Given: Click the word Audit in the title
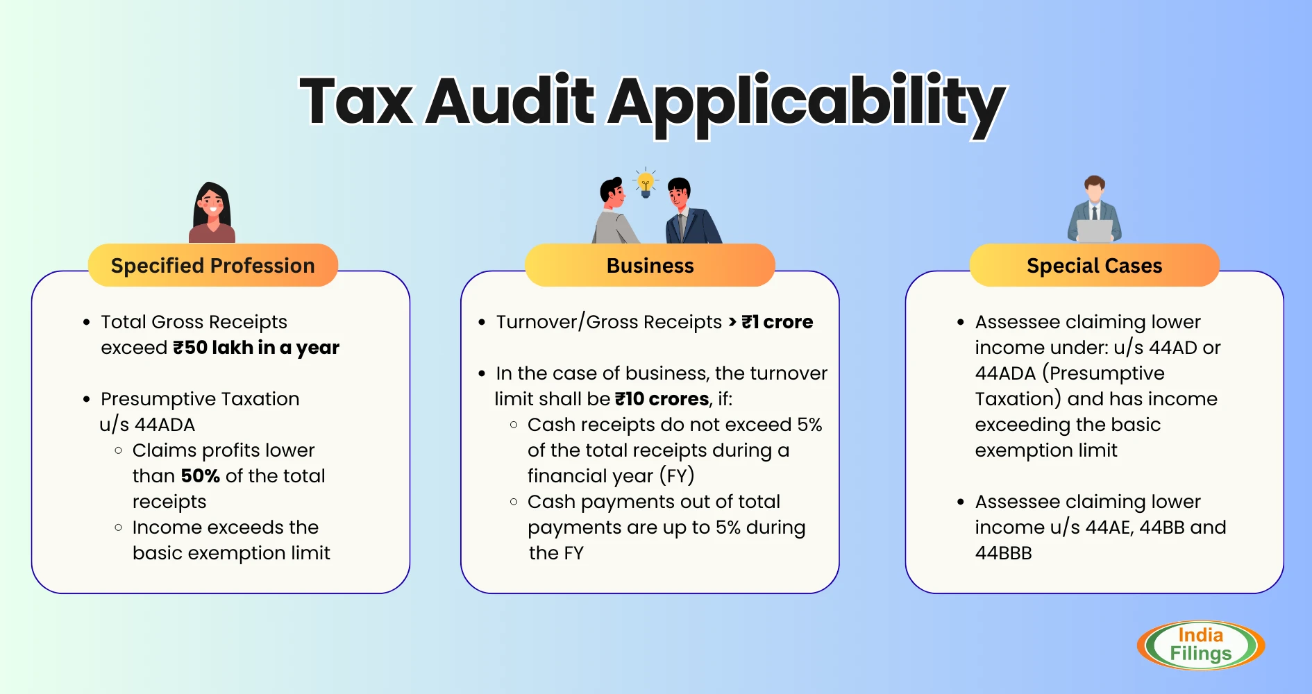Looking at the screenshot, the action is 510,101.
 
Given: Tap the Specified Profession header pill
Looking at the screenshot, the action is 212,265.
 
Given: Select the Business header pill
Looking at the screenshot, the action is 650,265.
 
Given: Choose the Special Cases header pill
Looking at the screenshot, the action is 1094,265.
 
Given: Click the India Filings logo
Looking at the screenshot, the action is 1200,645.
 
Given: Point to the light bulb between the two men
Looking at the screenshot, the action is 646,183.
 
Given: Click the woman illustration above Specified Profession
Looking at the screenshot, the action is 212,212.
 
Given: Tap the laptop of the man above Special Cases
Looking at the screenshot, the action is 1095,231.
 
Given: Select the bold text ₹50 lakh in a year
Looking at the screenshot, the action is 256,347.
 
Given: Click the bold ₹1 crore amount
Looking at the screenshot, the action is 777,322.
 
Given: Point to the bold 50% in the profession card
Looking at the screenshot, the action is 201,476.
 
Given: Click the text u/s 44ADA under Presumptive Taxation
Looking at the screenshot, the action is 147,425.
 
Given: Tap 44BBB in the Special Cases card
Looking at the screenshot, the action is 1003,553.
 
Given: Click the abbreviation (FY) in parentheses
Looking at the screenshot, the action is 677,476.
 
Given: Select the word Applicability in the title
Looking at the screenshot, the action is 807,104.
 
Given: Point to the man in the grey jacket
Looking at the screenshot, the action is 614,211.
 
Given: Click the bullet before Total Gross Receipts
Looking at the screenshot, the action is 87,322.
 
